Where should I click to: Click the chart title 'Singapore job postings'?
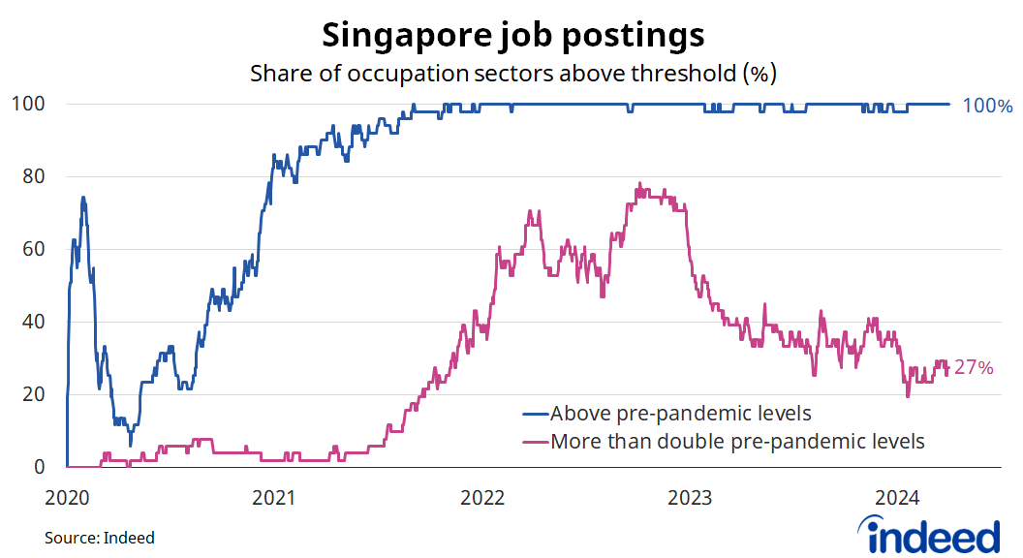(x=512, y=35)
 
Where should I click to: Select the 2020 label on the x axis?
(x=67, y=499)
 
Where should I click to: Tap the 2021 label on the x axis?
(x=274, y=499)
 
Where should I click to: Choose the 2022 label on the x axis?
(x=482, y=499)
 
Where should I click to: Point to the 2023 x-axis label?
(x=691, y=499)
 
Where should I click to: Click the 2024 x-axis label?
(x=898, y=499)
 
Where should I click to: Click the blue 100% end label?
(x=987, y=106)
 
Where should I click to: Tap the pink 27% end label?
(x=974, y=368)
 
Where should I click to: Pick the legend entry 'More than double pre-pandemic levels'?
(x=736, y=443)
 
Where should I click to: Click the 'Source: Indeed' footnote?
(x=99, y=538)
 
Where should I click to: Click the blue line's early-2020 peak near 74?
(x=83, y=198)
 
